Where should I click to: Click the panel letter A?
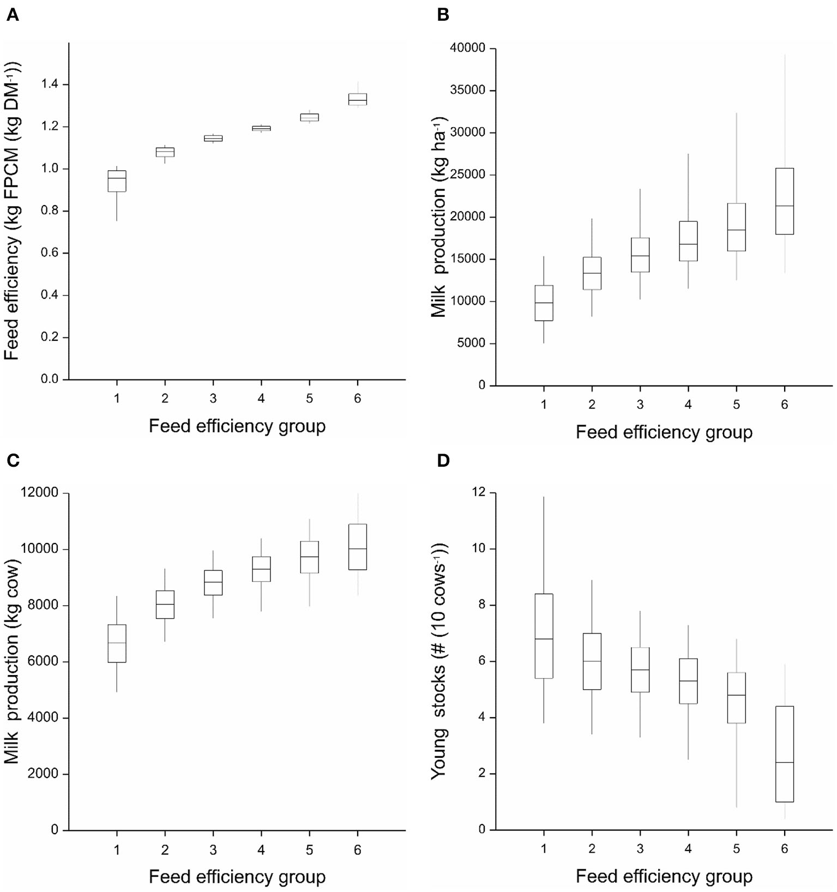click(12, 15)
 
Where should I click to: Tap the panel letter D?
click(443, 461)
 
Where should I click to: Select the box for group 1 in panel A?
click(117, 181)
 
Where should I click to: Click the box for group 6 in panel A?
click(358, 99)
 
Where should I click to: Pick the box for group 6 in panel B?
click(784, 201)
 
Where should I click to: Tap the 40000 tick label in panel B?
click(467, 49)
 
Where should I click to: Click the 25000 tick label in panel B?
click(467, 175)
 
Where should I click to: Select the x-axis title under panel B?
click(664, 432)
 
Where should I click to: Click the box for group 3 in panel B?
click(640, 255)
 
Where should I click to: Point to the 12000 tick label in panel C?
click(39, 493)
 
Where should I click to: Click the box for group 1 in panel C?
click(117, 643)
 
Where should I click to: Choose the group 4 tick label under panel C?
click(261, 849)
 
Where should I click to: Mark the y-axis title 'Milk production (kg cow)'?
click(12, 661)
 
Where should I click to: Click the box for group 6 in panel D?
click(784, 754)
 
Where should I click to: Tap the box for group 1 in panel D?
click(544, 636)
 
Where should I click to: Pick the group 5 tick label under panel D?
click(736, 848)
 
